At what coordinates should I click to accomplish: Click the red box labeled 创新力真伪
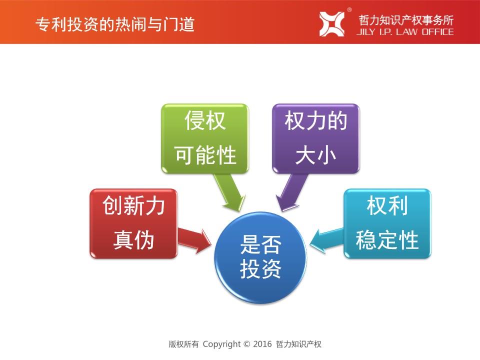(133, 223)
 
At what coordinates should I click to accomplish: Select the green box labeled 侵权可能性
(205, 138)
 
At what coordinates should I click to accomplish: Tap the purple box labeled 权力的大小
(315, 138)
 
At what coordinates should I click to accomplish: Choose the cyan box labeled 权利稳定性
(387, 223)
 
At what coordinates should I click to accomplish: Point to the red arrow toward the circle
(194, 240)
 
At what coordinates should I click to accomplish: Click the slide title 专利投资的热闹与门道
(115, 24)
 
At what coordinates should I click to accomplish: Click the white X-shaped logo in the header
(332, 24)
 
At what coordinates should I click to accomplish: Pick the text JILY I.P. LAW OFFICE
(405, 32)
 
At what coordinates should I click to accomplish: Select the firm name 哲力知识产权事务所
(406, 20)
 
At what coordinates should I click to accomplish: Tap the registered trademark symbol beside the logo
(349, 10)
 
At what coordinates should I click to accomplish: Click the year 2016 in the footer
(262, 344)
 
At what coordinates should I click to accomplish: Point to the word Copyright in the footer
(221, 344)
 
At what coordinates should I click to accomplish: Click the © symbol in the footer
(246, 344)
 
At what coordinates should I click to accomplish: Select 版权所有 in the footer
(183, 344)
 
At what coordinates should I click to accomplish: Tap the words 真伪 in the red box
(133, 240)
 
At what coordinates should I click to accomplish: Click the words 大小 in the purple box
(315, 155)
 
